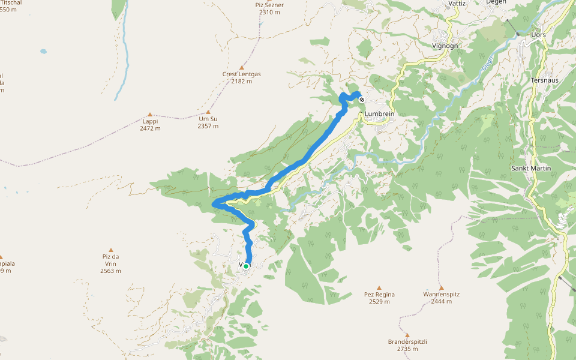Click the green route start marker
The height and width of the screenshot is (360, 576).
pos(246,266)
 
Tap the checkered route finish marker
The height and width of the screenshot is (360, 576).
pos(362,100)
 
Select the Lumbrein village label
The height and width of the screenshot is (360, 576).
pos(378,113)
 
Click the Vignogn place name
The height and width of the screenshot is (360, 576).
pos(445,46)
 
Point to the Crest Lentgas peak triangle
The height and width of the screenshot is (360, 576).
pos(242,68)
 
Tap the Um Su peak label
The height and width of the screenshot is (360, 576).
pos(208,119)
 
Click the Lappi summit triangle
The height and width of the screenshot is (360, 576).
pos(150,114)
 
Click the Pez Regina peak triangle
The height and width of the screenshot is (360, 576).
pos(379,287)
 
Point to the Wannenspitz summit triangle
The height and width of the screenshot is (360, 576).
pos(441,287)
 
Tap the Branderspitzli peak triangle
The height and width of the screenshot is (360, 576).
pos(407,335)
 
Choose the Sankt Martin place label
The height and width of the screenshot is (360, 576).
pos(530,168)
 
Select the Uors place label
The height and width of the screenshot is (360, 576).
pos(538,35)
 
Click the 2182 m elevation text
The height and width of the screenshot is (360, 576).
pos(242,82)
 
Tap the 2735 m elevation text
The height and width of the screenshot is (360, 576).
pos(407,349)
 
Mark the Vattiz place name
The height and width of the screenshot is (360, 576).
pos(457,3)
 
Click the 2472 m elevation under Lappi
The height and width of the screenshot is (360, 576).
pos(150,128)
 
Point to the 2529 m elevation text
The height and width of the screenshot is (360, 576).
pos(379,302)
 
